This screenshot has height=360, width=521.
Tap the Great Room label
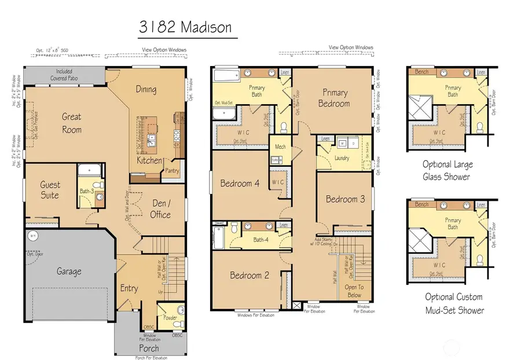click(72, 123)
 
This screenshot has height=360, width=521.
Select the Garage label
click(68, 271)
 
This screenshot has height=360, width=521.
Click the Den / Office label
click(160, 209)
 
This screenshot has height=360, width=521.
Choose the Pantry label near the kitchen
click(173, 171)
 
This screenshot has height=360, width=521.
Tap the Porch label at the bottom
click(149, 348)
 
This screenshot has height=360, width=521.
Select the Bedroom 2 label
click(250, 275)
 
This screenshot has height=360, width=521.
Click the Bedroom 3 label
click(345, 199)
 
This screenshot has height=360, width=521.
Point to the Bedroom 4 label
click(240, 184)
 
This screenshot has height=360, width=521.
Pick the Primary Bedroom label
click(334, 98)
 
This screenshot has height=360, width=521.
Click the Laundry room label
click(342, 157)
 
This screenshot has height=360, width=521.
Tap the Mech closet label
click(280, 147)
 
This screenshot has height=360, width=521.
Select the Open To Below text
click(354, 291)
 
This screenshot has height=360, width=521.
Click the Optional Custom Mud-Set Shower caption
click(453, 303)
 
